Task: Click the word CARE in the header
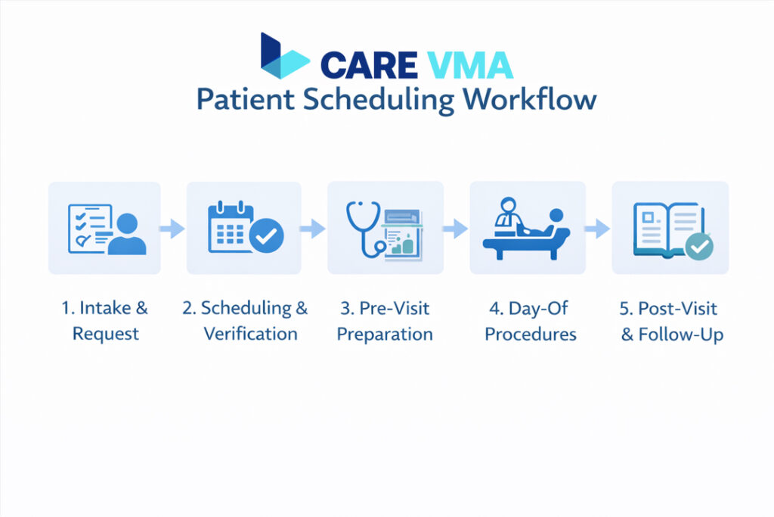(368, 65)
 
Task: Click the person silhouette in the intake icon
(126, 235)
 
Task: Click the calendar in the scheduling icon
(232, 227)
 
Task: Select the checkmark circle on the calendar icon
(267, 238)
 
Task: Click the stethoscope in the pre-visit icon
(362, 227)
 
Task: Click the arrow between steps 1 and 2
(173, 228)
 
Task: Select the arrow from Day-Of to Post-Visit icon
(597, 228)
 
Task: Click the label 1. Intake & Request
(105, 321)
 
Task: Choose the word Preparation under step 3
(385, 334)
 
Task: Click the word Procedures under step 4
(530, 334)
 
